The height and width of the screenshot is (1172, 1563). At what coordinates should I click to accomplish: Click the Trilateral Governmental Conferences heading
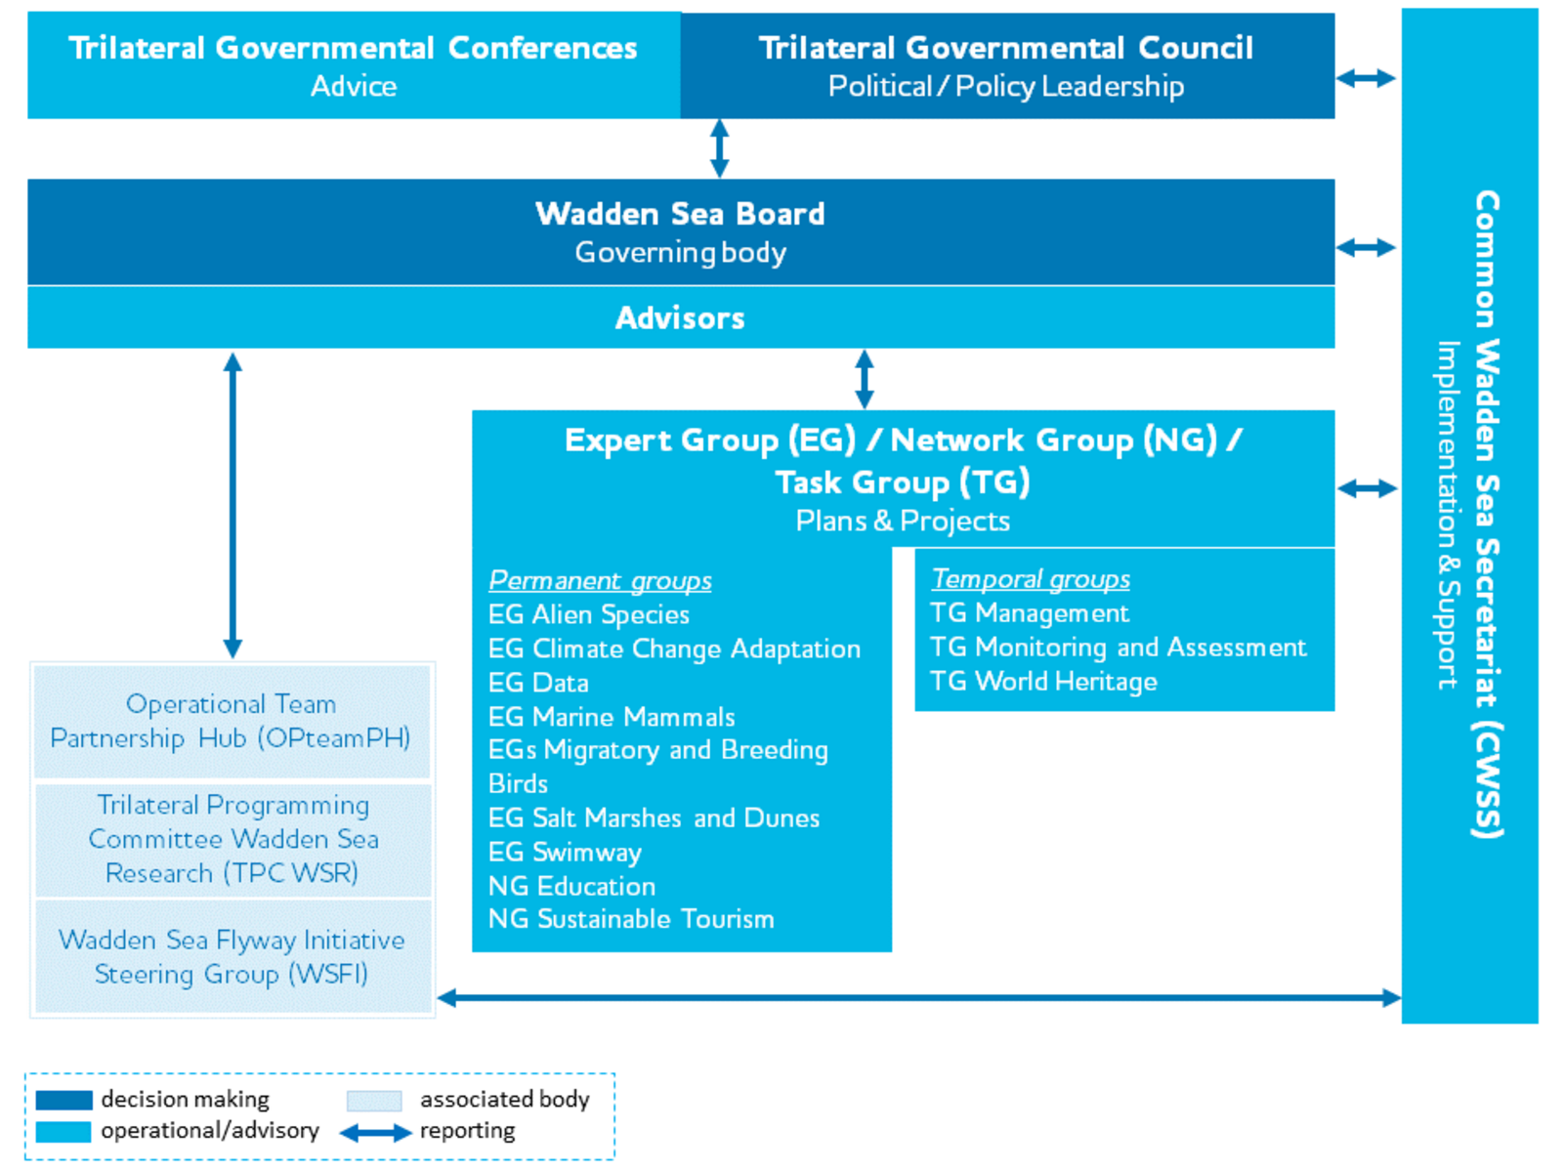[353, 49]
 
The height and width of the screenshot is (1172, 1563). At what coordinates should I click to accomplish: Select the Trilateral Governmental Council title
[1005, 49]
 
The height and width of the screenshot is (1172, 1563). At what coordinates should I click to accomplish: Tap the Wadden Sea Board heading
[680, 214]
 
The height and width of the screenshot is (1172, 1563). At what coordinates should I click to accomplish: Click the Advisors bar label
[680, 318]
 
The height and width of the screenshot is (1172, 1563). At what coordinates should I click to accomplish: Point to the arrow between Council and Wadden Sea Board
[720, 148]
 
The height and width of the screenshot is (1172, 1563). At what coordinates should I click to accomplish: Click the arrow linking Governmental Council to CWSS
[1366, 78]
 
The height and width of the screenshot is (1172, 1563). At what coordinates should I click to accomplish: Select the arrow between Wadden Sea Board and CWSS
[1366, 248]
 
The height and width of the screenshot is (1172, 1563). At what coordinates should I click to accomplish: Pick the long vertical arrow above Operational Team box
[232, 505]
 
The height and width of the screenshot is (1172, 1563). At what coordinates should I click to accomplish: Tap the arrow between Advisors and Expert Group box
[865, 379]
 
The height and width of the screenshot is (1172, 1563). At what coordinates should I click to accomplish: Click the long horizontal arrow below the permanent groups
[919, 997]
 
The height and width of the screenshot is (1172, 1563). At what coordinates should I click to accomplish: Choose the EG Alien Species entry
[589, 614]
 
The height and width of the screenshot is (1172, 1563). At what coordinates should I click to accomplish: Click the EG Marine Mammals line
[612, 717]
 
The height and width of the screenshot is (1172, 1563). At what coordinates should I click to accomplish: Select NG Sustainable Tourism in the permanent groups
[631, 919]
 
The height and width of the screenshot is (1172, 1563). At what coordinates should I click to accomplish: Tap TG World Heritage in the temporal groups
[1044, 681]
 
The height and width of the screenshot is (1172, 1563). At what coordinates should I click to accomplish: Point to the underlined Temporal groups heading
[1031, 579]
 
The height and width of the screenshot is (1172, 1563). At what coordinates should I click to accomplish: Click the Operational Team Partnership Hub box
[232, 722]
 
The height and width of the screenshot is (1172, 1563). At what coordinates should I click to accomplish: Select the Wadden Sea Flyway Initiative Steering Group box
[232, 956]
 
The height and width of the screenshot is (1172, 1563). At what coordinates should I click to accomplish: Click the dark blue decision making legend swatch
[64, 1100]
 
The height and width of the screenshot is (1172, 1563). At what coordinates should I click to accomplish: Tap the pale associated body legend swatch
[374, 1101]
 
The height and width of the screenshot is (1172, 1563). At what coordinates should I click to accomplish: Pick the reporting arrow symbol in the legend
[375, 1132]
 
